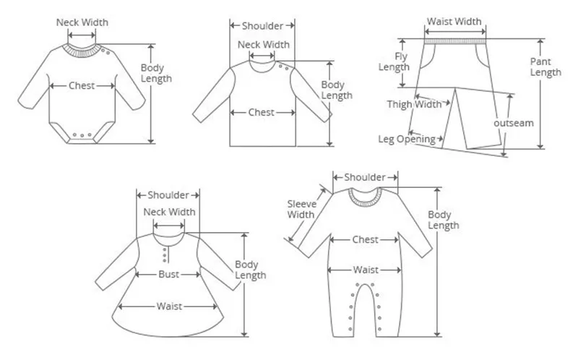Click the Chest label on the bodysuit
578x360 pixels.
point(82,85)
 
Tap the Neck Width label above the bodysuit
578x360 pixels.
point(82,22)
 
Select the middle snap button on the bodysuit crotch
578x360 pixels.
point(82,136)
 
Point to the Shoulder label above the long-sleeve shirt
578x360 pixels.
point(262,26)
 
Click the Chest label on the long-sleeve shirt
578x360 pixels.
point(262,112)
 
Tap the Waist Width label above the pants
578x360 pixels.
point(454,22)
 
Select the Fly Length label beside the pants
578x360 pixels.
point(394,61)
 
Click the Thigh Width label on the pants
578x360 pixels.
point(414,104)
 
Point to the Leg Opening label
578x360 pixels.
point(407,139)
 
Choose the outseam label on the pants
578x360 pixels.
point(514,123)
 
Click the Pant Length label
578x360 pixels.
point(545,67)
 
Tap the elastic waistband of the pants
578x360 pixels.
point(455,41)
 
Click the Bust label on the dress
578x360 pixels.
point(169,274)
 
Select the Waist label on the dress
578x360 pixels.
point(169,307)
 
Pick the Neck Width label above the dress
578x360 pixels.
point(169,212)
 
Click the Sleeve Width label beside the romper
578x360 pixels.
point(301,209)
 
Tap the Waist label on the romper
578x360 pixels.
point(366,270)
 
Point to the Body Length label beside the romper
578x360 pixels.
point(444,220)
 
